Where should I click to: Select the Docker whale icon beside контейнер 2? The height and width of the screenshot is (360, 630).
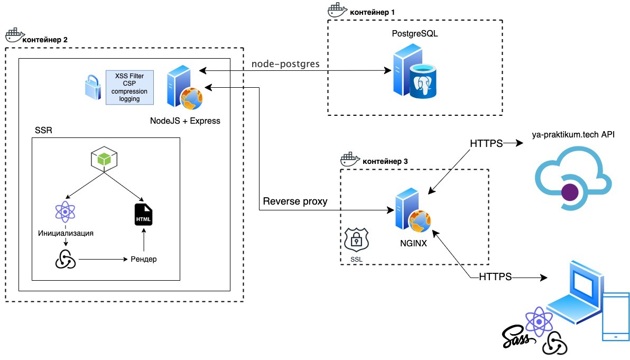[13, 35]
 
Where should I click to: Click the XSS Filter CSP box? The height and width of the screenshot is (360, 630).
[129, 87]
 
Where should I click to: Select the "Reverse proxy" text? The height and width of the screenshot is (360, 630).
[295, 201]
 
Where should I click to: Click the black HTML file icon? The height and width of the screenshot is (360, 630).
[143, 214]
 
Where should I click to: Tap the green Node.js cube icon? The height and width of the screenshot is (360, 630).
[104, 159]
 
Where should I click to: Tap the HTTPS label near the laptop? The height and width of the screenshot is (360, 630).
[495, 276]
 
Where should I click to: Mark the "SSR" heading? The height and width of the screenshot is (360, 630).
[43, 130]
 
